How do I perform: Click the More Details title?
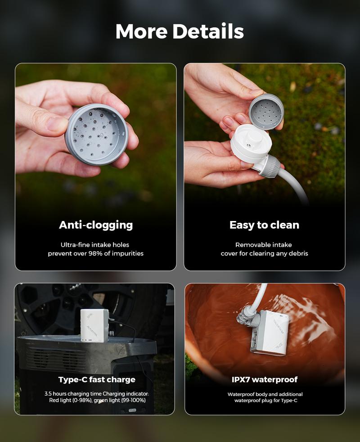(180, 32)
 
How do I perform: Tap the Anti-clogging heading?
(96, 225)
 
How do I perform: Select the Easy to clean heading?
(264, 225)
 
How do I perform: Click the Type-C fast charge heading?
(96, 379)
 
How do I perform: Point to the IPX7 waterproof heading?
(265, 379)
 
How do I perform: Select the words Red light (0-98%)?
(67, 400)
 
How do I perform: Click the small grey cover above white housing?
(266, 111)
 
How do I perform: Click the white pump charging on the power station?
(94, 325)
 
